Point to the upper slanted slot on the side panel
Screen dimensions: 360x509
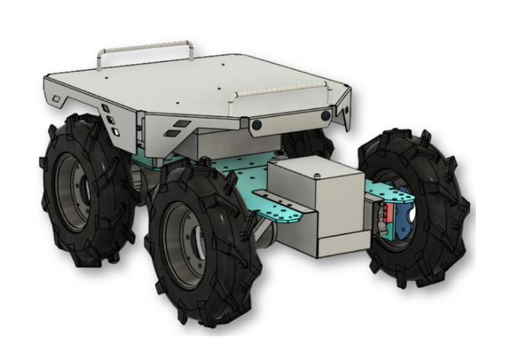click(181, 124)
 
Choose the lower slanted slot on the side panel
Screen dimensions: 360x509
click(173, 134)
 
